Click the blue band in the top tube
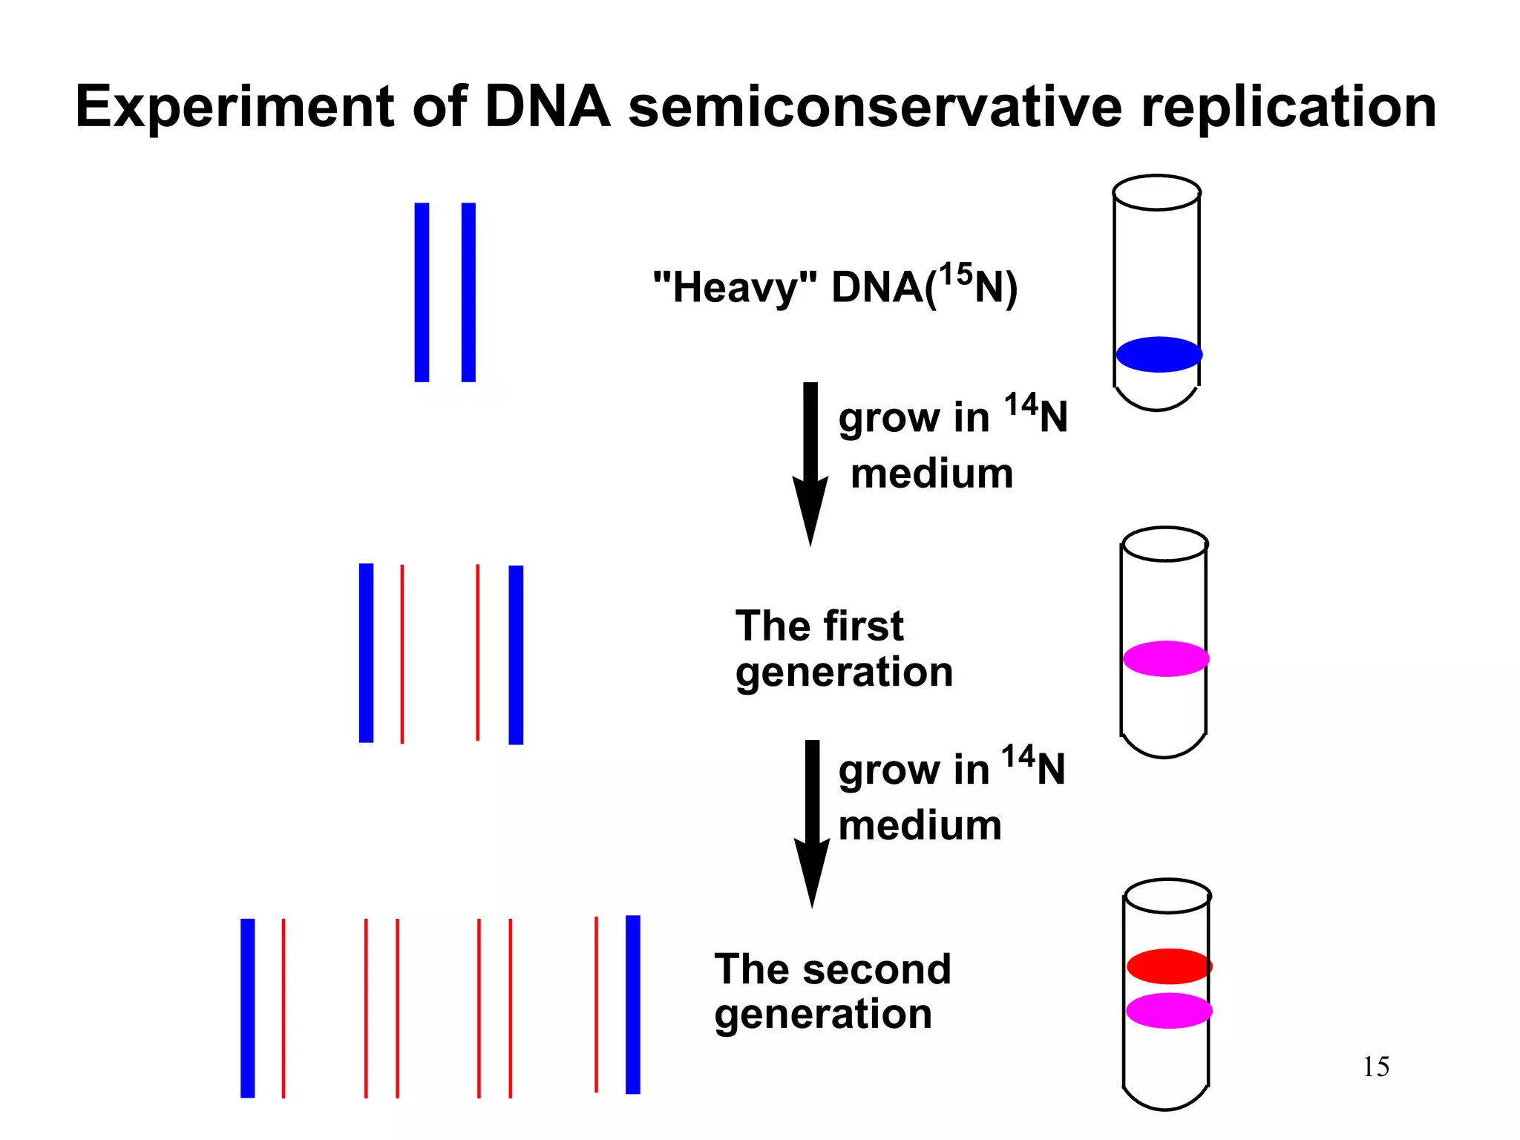tap(1159, 354)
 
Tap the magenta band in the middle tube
tap(1165, 658)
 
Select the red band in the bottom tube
tap(1169, 966)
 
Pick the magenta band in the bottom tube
tap(1169, 1010)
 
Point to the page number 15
tap(1375, 1067)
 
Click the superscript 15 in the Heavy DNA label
tap(955, 275)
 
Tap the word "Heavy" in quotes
tap(735, 288)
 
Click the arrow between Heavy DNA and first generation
tap(810, 460)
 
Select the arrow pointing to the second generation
tap(812, 820)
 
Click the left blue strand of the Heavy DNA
tap(422, 292)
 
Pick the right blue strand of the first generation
tap(516, 655)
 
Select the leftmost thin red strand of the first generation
tap(402, 653)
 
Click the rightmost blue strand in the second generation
tap(633, 1004)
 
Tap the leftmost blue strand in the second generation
tap(248, 1008)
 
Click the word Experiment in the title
tap(234, 108)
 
